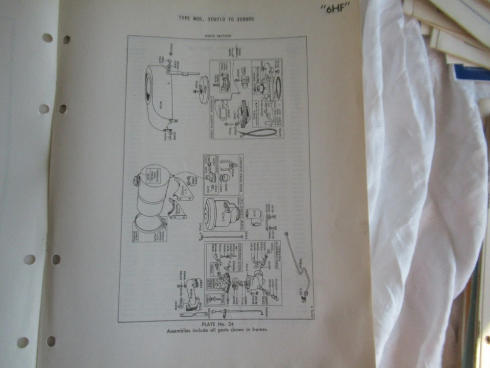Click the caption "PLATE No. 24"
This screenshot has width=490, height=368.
coord(217,325)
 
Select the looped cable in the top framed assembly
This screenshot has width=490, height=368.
coord(258,132)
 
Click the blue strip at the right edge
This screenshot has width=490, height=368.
coord(472,72)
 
